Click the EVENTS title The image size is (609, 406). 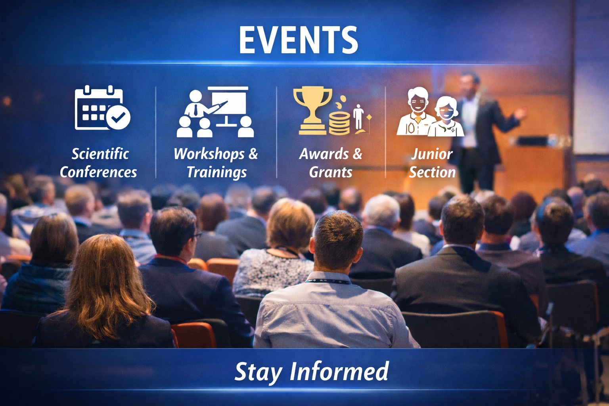coord(298,40)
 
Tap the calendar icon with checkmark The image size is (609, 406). coord(103,107)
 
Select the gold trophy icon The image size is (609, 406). coord(313,110)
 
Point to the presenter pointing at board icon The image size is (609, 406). coord(215,112)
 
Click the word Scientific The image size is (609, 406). coord(100,154)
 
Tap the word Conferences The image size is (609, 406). coord(98,172)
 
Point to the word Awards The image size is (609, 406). coord(324,154)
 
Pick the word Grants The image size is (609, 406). coord(331,172)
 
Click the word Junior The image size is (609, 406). coord(432,154)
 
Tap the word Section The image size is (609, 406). coord(432,172)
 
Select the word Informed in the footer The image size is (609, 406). coord(339,371)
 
